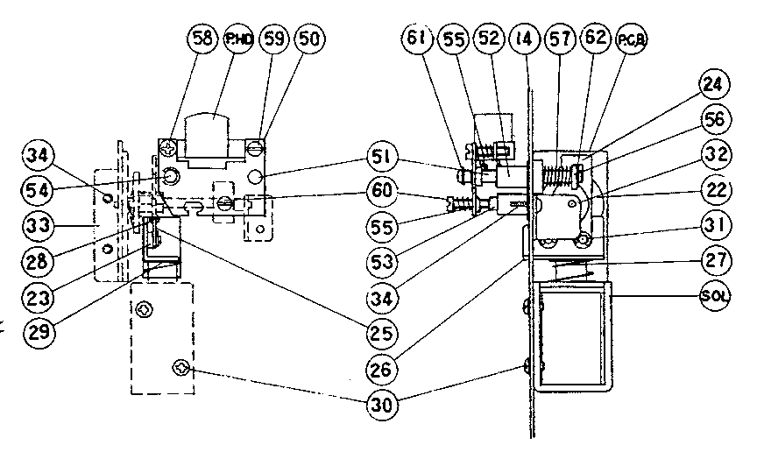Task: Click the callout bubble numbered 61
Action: click(x=417, y=39)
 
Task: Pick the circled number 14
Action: click(x=523, y=39)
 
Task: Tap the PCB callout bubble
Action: click(x=629, y=39)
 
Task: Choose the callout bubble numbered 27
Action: click(x=714, y=260)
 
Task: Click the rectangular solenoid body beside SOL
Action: click(x=574, y=338)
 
